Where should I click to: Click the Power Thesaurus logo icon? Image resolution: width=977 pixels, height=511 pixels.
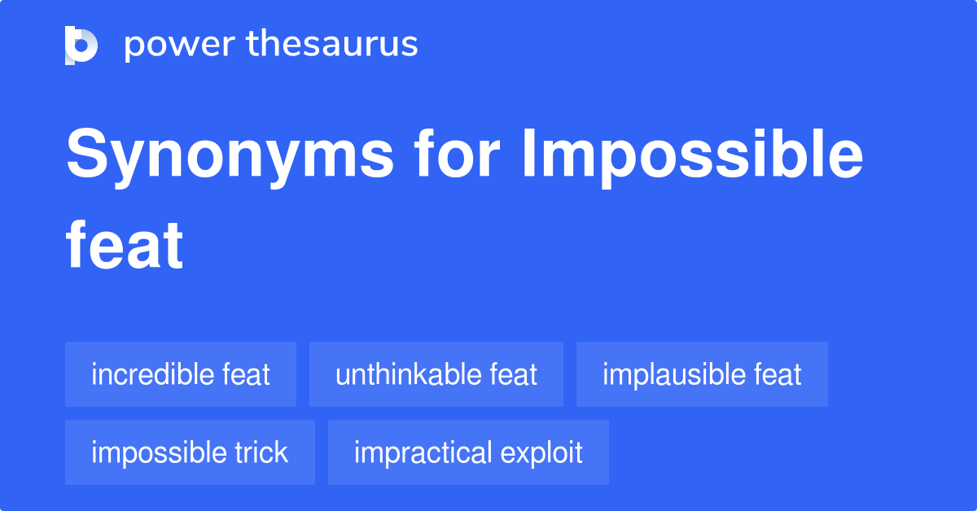pos(81,45)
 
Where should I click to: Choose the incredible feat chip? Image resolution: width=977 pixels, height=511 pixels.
pos(181,374)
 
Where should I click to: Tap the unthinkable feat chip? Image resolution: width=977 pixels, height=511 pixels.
pos(436,374)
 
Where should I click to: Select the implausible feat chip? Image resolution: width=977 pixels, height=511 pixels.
pos(702,374)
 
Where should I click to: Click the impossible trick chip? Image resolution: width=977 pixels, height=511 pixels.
pos(190,452)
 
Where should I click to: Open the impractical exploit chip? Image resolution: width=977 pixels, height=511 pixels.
pos(468,452)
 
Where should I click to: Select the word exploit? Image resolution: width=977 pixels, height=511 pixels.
pos(541,452)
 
